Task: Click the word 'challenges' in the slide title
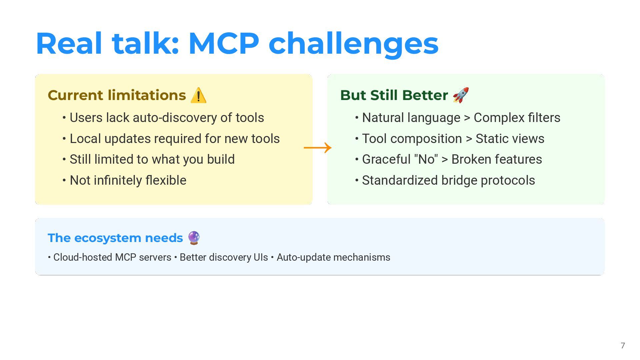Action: click(x=353, y=44)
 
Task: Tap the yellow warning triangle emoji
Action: click(x=199, y=95)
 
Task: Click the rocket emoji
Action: click(x=461, y=95)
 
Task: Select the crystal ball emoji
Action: click(x=194, y=238)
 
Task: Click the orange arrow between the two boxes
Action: click(x=318, y=148)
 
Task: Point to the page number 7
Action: click(x=623, y=346)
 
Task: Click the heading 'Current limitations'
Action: click(x=117, y=95)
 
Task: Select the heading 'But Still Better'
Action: click(x=394, y=95)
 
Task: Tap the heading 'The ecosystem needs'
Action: click(x=115, y=238)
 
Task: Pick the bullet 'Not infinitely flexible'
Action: click(x=128, y=180)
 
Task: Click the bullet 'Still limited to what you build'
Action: click(x=152, y=159)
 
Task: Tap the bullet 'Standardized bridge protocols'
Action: click(x=448, y=180)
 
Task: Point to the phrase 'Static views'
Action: click(x=510, y=139)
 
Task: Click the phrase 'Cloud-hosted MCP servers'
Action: click(x=112, y=257)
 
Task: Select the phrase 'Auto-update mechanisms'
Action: click(x=333, y=257)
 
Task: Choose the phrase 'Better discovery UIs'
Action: click(x=224, y=257)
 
